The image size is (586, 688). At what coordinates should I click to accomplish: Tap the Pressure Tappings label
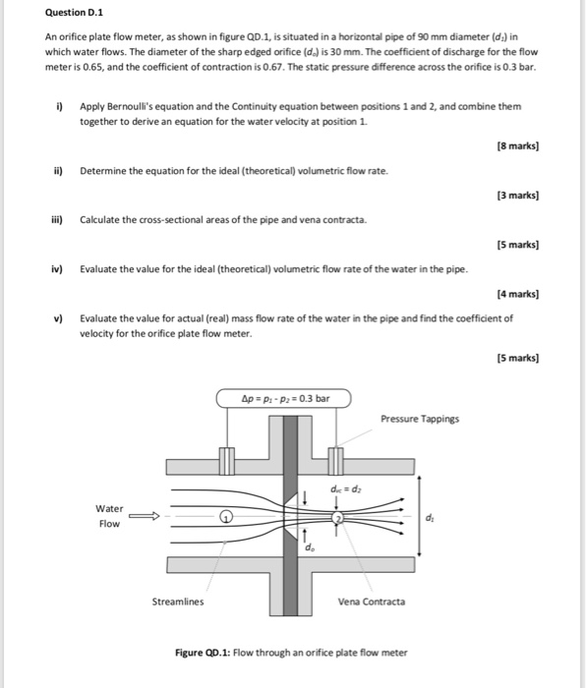[x=419, y=419]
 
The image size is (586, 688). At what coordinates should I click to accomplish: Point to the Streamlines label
[x=178, y=602]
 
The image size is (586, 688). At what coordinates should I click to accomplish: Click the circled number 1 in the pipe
[x=225, y=515]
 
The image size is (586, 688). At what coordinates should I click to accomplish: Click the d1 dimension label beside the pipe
[x=430, y=515]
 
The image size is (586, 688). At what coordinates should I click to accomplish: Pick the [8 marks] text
[x=518, y=145]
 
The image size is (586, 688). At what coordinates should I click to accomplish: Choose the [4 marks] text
[x=518, y=293]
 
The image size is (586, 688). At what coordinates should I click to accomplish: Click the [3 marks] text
[x=518, y=197]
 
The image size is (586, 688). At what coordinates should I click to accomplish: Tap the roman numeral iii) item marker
[x=60, y=220]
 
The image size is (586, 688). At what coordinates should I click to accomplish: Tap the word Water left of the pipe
[x=109, y=508]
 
